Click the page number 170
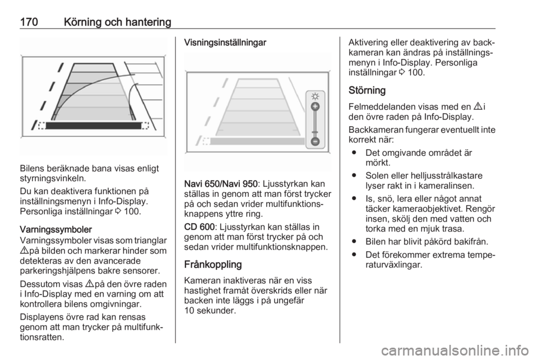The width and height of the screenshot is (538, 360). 29,22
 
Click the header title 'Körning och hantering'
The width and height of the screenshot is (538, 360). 117,22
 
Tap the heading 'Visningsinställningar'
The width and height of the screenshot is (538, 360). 225,43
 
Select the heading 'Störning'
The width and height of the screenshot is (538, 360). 367,90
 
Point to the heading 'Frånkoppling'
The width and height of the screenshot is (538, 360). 213,265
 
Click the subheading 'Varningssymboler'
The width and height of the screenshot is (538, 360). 56,229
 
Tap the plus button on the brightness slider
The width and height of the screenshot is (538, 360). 315,107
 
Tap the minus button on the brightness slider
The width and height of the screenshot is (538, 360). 315,141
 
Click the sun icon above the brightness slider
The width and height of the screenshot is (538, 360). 315,96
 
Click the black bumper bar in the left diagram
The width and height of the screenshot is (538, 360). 94,126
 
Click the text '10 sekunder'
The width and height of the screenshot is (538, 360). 210,311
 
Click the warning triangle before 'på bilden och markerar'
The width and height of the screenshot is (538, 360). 24,251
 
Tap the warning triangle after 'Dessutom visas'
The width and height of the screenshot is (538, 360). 89,284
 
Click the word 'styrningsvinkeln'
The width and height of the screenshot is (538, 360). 53,178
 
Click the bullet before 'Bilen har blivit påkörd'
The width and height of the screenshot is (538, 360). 354,242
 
